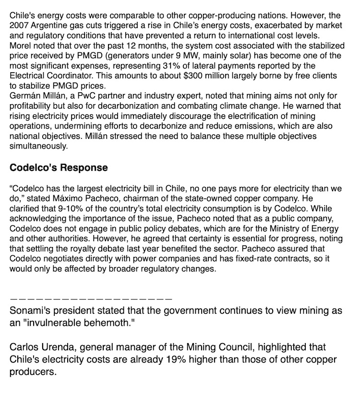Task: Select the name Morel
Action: click(x=20, y=45)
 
